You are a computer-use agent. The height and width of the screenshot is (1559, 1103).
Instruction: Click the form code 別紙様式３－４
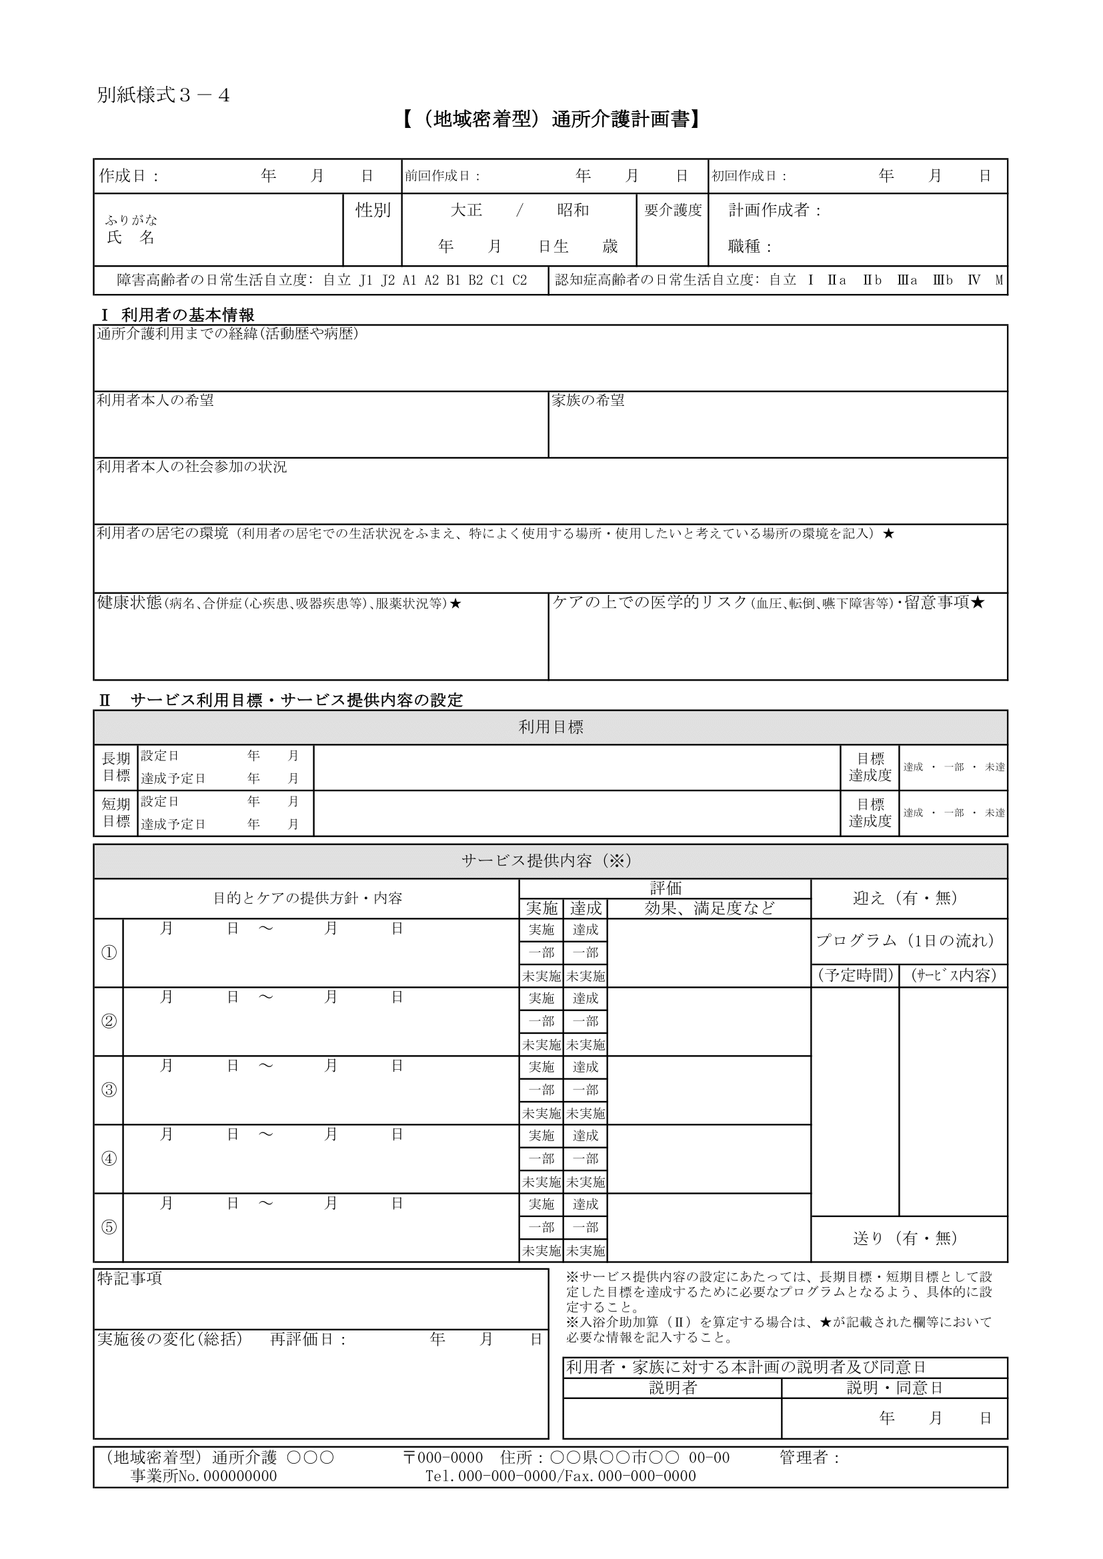point(163,96)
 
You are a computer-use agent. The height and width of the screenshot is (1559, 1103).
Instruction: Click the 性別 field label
point(373,211)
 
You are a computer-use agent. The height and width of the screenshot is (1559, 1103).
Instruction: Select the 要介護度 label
point(672,211)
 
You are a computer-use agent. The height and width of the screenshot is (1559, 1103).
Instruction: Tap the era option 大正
point(467,211)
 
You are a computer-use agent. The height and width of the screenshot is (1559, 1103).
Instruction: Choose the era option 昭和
point(573,211)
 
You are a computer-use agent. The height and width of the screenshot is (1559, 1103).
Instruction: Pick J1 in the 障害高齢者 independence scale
point(366,281)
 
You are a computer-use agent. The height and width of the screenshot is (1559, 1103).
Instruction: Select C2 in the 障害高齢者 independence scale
point(519,281)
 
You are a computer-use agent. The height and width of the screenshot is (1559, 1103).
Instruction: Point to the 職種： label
point(750,247)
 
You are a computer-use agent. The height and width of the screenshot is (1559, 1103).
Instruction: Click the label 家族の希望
point(588,401)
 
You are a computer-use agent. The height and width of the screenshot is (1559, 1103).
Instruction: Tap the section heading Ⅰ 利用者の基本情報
point(177,315)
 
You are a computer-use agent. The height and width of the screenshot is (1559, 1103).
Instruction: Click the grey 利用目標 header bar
point(550,727)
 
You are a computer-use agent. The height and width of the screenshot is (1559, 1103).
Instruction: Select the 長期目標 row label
point(115,767)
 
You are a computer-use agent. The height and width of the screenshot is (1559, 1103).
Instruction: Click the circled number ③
point(109,1090)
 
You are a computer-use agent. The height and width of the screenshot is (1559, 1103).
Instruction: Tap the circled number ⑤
point(109,1227)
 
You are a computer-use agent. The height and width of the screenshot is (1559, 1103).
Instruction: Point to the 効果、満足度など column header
point(709,908)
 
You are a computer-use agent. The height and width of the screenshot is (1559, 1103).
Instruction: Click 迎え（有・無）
point(906,898)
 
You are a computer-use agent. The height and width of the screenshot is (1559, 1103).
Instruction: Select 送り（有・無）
point(906,1238)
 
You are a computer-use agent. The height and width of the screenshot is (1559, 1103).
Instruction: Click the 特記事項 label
point(130,1278)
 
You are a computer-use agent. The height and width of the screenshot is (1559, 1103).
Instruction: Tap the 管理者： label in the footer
point(810,1458)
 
